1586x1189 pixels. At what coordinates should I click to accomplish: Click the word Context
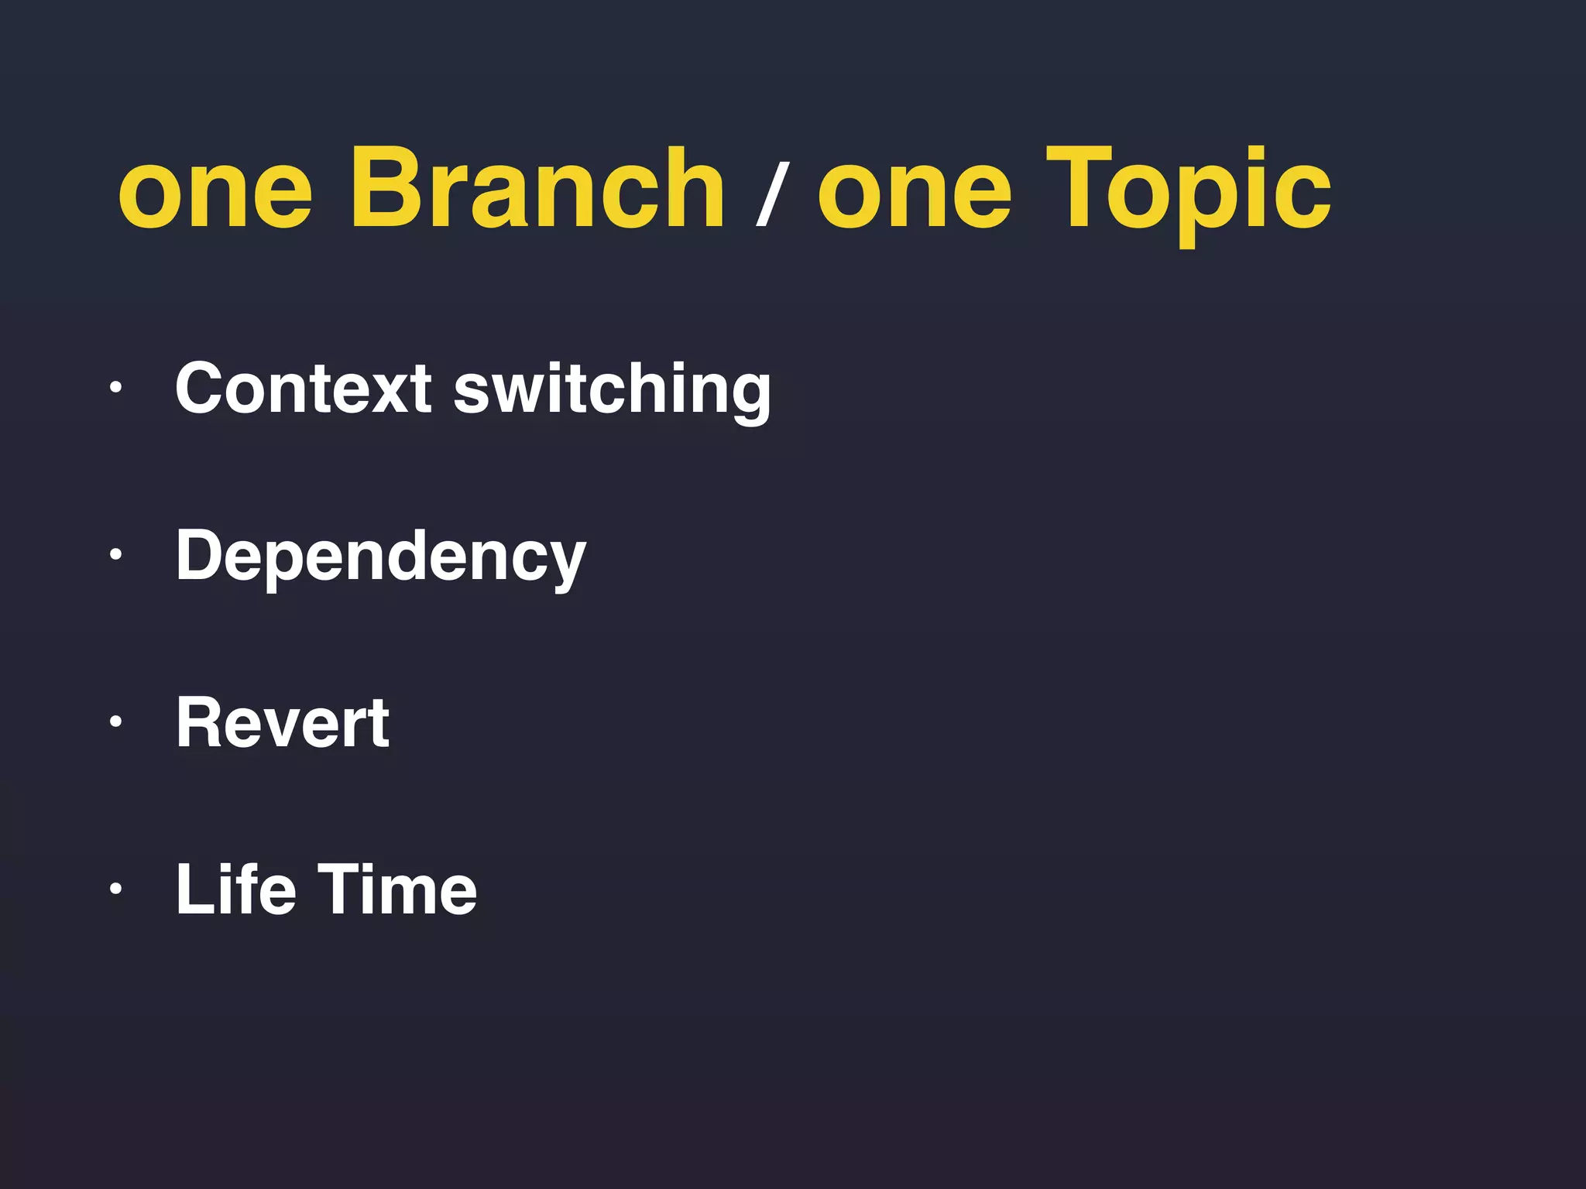point(303,389)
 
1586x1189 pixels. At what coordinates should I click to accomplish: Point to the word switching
point(612,391)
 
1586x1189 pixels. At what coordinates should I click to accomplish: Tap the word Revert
point(283,723)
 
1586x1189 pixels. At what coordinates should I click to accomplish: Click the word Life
point(235,889)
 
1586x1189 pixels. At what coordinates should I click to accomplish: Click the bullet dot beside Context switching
point(115,387)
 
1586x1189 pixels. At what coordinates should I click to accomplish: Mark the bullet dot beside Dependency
point(115,554)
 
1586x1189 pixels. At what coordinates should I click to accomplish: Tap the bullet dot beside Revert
point(115,721)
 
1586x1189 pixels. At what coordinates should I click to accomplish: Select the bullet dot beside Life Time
point(115,888)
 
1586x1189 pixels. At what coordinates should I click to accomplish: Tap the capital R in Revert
point(201,723)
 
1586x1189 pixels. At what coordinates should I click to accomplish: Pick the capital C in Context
point(204,389)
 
